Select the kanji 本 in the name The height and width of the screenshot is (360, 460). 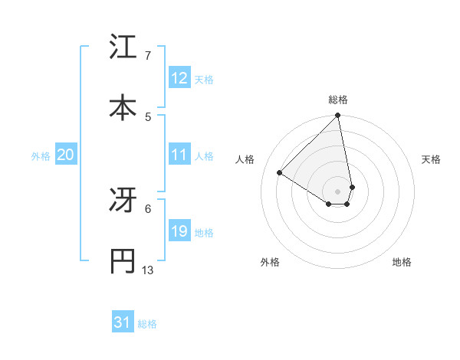coord(123,108)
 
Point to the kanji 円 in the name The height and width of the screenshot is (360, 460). coord(123,261)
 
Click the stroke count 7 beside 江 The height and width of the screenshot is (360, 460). coord(147,56)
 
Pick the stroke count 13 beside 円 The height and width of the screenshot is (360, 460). coord(148,270)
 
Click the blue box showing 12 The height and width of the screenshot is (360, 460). coord(179,78)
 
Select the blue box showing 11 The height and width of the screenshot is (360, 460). coord(179,155)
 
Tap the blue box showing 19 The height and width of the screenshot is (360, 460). coord(179,231)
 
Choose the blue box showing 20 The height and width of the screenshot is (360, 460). coord(66,155)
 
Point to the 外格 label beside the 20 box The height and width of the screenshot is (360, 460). coord(41,156)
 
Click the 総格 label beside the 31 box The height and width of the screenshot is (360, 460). coord(147,325)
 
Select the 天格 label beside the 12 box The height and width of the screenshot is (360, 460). coord(204,80)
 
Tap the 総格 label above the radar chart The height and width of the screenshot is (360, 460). coord(338,100)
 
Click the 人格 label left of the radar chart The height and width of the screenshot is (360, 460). coord(245,159)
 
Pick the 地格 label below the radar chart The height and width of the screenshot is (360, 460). coord(402,263)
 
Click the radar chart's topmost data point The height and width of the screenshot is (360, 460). coord(338,116)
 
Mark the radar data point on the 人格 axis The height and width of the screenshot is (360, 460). coord(280,172)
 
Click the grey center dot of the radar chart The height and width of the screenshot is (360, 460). coord(338,191)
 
